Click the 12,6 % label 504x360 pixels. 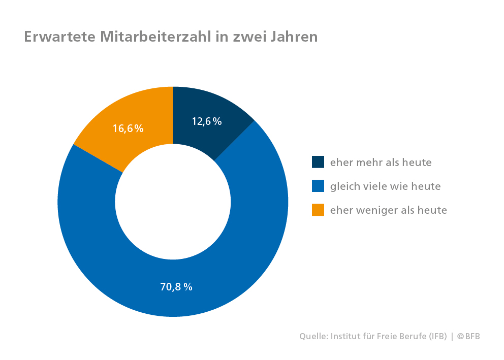click(x=207, y=121)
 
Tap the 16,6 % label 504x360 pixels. click(x=128, y=128)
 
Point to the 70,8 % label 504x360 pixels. click(x=176, y=286)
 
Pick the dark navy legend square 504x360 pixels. click(x=318, y=162)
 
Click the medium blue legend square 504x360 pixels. click(x=318, y=186)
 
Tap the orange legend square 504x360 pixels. click(x=318, y=210)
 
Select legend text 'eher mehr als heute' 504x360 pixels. click(x=381, y=162)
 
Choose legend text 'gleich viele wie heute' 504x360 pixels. click(x=385, y=186)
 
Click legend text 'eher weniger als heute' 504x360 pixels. click(x=388, y=210)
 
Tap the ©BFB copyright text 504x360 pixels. click(x=468, y=336)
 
